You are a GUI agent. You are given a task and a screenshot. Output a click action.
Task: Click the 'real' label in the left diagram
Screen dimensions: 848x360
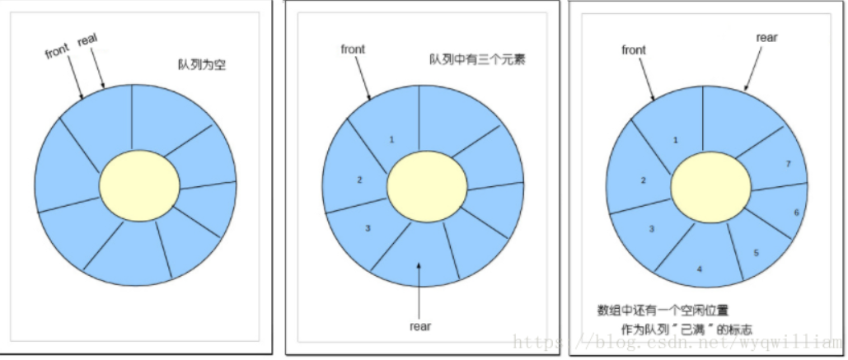click(88, 41)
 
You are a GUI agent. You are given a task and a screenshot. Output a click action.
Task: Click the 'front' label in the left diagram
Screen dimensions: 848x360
click(58, 52)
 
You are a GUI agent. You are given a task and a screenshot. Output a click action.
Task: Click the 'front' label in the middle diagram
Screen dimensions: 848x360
click(353, 49)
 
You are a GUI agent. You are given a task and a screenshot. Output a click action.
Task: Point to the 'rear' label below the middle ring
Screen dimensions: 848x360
click(420, 325)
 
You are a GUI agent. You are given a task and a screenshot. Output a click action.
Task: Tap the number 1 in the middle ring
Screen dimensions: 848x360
click(391, 139)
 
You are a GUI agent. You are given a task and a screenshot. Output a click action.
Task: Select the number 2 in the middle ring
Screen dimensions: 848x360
click(360, 180)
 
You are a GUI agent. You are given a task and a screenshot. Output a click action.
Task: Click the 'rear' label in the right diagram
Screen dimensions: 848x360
click(766, 37)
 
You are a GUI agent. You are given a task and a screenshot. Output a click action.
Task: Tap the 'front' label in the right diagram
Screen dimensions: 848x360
click(634, 49)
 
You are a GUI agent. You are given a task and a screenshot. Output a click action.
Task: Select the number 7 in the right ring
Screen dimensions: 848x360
click(789, 164)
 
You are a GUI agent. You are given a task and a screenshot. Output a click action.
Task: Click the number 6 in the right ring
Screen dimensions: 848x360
click(796, 212)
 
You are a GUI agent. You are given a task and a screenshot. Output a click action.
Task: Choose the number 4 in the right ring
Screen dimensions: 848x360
click(699, 269)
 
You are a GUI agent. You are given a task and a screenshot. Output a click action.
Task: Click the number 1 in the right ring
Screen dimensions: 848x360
click(675, 140)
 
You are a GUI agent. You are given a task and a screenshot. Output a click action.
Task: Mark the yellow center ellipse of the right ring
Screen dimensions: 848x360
click(710, 186)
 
